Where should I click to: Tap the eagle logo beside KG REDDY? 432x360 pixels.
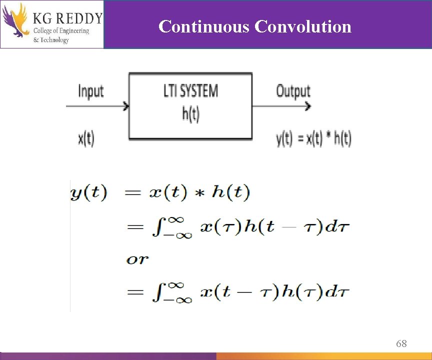point(15,21)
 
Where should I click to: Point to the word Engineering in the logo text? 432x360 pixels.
point(70,31)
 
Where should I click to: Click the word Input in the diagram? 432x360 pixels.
point(90,91)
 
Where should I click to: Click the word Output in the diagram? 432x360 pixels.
point(293,91)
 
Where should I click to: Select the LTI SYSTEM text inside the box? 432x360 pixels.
point(190,91)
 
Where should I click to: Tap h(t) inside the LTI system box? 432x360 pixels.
point(190,114)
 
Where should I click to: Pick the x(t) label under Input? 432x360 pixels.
point(86,138)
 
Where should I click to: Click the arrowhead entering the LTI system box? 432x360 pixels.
point(126,106)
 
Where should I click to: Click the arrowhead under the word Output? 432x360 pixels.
point(307,106)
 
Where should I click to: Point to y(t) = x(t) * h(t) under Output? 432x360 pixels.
point(313,138)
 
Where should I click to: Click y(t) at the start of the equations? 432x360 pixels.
point(88,193)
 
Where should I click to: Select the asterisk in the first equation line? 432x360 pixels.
point(199,194)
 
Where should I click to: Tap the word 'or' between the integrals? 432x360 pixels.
point(137,259)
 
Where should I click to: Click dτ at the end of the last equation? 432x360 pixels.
point(340,292)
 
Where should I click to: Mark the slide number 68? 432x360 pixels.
point(401,343)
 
